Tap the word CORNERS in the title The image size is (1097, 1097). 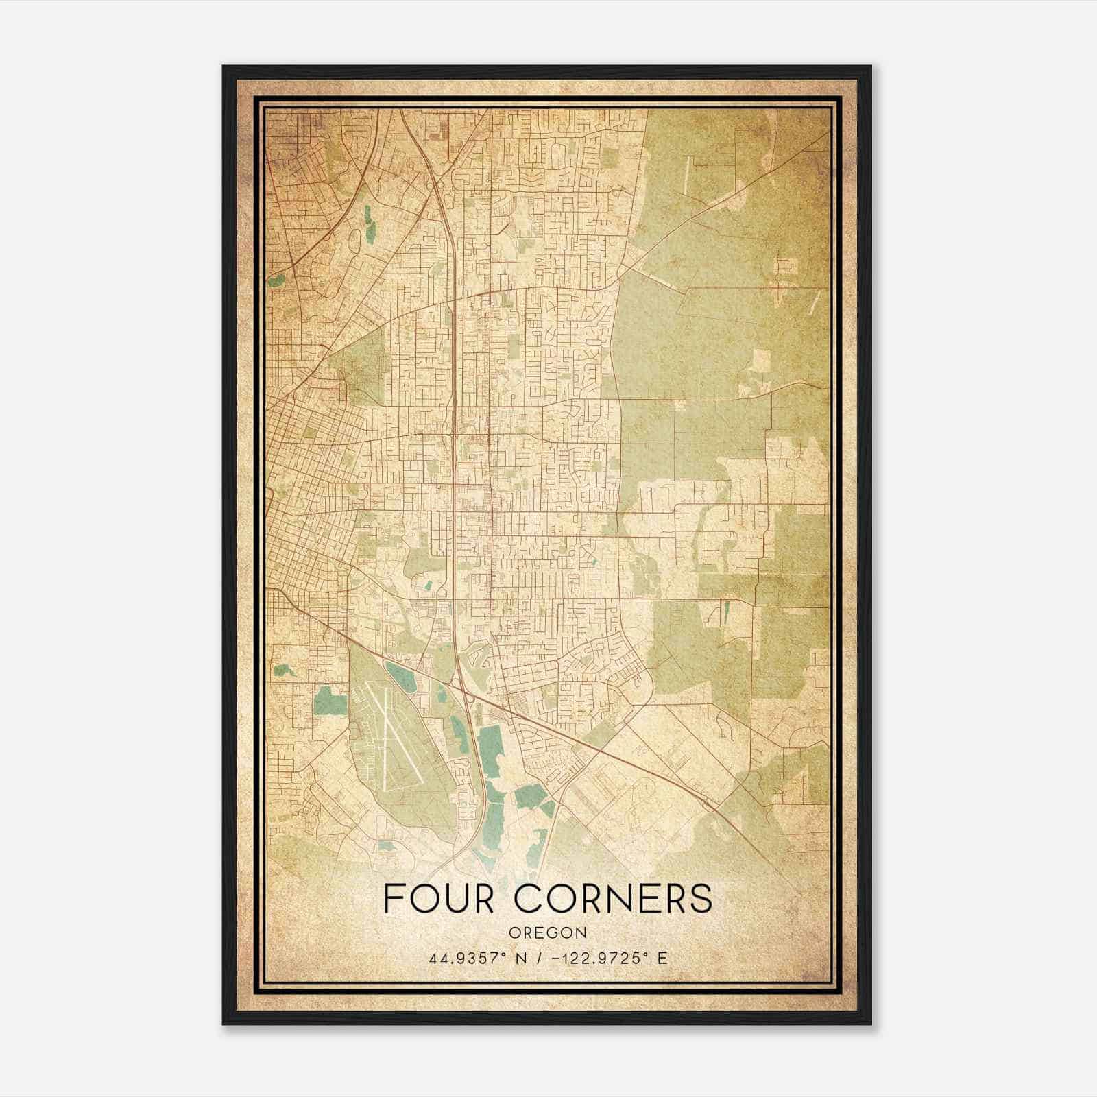pos(613,897)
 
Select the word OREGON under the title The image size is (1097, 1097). pos(548,932)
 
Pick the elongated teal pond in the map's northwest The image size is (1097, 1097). pos(370,224)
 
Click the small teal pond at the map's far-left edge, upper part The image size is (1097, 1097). pos(277,280)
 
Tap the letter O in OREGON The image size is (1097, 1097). pos(514,932)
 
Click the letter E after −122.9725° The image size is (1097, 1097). pos(662,959)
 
